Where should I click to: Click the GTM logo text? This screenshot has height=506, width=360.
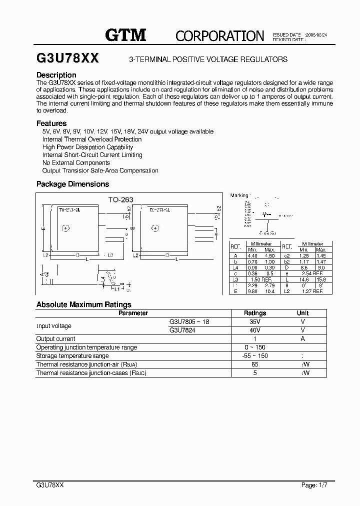125,34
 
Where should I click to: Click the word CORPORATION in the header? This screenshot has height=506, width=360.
219,35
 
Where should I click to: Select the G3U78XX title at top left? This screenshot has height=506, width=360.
67,58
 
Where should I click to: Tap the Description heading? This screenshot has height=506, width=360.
56,75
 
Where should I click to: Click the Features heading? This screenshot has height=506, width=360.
51,123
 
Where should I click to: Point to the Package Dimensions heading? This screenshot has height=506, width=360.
72,184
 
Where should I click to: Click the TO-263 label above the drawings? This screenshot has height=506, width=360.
120,199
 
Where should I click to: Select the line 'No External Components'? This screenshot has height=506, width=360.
76,162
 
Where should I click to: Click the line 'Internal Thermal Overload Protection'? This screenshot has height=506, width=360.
92,139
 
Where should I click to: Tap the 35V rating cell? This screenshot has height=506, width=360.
254,322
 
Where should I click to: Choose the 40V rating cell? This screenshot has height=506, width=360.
254,330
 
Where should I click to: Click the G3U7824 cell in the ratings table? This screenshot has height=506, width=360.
182,330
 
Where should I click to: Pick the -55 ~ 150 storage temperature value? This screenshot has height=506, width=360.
254,355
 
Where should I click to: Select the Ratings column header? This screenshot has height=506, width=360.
254,313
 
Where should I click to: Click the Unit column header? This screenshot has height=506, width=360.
302,313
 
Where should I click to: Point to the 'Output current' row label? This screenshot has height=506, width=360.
55,338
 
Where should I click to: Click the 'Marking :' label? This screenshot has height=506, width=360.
239,195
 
